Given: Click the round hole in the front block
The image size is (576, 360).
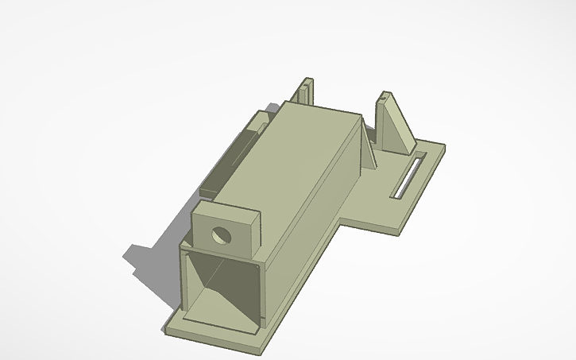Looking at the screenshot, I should (221, 236).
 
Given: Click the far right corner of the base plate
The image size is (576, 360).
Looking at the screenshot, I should (443, 146).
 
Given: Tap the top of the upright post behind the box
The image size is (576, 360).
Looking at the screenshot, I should (305, 80).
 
